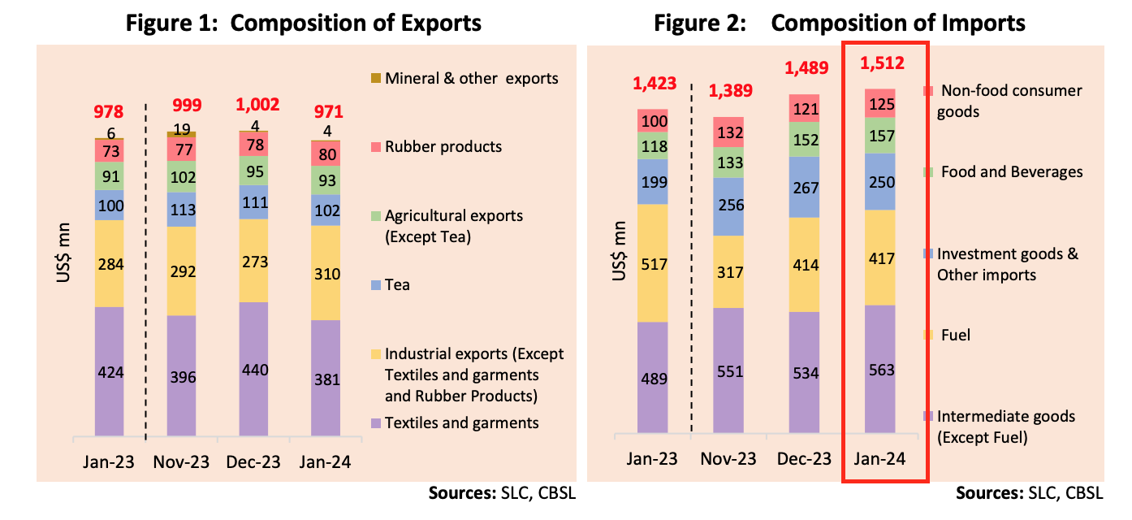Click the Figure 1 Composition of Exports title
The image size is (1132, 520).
(x=303, y=24)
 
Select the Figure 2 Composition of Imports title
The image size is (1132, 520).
(x=840, y=24)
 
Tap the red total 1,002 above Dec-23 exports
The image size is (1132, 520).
(x=257, y=104)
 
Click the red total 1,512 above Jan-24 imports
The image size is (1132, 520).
(x=882, y=63)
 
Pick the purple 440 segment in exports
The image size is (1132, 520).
(x=253, y=369)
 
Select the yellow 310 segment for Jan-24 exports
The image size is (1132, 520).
(x=326, y=273)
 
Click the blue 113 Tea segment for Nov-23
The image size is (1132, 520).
(x=181, y=210)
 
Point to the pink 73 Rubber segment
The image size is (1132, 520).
(x=109, y=151)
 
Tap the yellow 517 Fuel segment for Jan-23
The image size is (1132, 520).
(x=652, y=263)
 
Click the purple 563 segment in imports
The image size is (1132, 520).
(x=879, y=369)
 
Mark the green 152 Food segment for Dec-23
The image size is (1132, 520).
(x=804, y=139)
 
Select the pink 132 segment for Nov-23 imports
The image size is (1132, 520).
(x=728, y=132)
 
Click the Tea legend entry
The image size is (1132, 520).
(x=390, y=285)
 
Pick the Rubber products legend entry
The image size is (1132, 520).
(x=436, y=147)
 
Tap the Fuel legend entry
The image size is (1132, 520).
(x=947, y=335)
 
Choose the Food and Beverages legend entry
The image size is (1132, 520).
(x=1003, y=172)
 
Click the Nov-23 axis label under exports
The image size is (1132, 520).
(x=181, y=461)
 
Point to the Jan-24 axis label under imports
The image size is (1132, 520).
(x=879, y=459)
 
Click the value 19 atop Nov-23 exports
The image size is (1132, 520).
(x=181, y=128)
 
